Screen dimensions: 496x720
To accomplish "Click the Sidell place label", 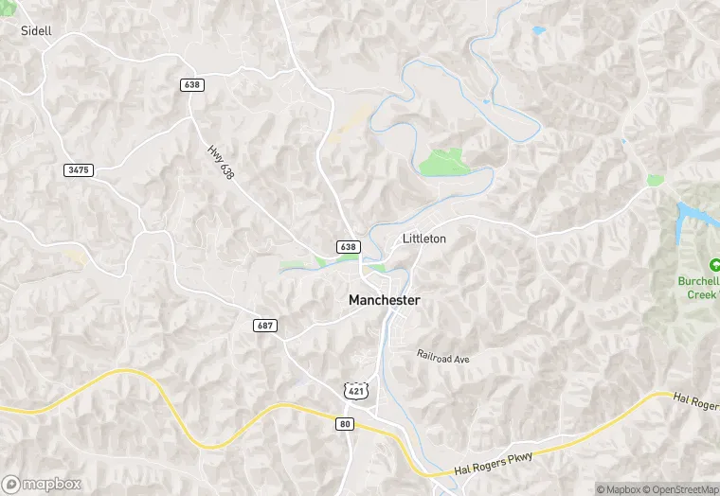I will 36,30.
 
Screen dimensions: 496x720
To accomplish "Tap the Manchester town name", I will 384,300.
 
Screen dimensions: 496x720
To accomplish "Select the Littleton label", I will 423,239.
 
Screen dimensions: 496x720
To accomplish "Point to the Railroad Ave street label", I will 442,357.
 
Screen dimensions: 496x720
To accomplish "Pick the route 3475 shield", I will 78,169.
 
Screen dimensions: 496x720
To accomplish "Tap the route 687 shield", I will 265,326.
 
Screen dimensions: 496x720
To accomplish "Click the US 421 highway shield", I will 354,390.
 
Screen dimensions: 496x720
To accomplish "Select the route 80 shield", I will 344,424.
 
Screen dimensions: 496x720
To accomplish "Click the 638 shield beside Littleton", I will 348,247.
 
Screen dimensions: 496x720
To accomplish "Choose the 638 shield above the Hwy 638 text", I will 191,85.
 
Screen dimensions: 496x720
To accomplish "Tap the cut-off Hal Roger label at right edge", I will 695,402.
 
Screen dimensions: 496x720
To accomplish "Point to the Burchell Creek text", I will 699,288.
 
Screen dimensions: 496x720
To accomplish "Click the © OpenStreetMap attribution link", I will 679,488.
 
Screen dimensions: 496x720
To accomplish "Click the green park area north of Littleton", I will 443,162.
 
